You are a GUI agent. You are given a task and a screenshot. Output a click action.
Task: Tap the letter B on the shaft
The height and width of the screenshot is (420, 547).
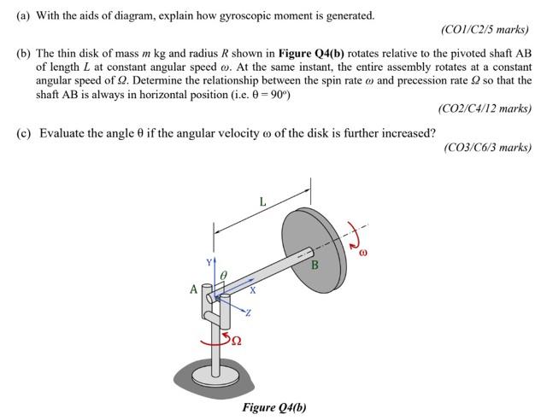coord(315,265)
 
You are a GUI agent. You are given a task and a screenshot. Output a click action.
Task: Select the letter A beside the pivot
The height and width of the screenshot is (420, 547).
coord(194,289)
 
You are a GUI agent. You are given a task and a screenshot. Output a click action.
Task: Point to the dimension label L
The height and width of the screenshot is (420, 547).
coord(262,202)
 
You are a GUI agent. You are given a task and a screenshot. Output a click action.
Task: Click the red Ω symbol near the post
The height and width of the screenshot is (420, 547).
coord(236,341)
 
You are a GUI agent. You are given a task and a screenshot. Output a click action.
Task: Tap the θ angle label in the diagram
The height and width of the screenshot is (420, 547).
coord(223,274)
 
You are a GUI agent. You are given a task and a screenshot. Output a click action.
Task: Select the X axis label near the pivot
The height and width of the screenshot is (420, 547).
coord(251,290)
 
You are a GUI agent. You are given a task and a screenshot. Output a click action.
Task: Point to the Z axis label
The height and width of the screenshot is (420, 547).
coord(248,314)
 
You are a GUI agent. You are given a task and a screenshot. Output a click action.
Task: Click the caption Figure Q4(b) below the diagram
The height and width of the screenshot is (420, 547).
coord(274,406)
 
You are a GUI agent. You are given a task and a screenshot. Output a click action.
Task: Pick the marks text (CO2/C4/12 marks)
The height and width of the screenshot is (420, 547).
coord(484,108)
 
